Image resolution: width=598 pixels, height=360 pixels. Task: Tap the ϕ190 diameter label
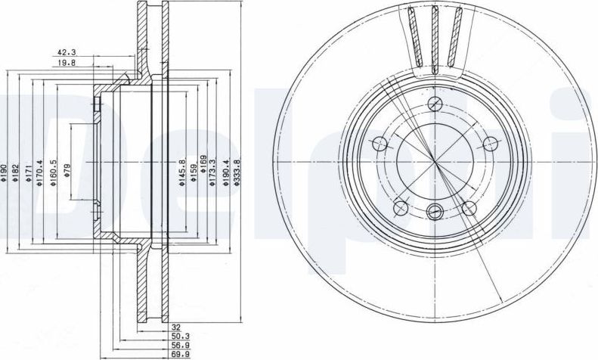coord(5,172)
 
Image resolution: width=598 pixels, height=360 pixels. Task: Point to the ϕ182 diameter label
coord(16,172)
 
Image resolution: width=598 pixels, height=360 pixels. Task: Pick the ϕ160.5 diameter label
coord(54,172)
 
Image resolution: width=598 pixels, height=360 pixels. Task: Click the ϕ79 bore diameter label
coord(67,170)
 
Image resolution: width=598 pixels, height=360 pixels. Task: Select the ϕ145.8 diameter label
coord(182,172)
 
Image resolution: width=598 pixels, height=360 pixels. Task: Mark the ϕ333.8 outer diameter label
coord(237,172)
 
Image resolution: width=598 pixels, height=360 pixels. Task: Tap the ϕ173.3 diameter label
coord(212,172)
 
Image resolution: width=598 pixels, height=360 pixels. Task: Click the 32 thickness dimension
coord(176,327)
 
